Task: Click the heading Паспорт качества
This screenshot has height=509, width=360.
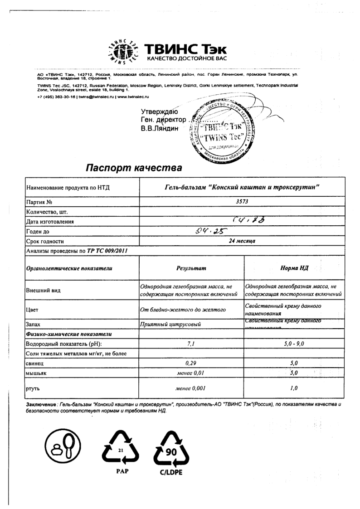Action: tap(134, 168)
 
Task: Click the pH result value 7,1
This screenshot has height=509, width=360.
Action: tap(191, 344)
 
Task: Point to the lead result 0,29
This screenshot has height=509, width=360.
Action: tap(191, 363)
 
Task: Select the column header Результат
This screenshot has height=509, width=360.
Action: tap(191, 268)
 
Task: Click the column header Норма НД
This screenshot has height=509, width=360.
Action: tap(295, 268)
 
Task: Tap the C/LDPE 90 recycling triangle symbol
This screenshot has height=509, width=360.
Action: tap(170, 451)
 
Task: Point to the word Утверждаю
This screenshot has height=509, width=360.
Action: tap(160, 111)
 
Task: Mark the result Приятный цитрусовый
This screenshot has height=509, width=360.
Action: tap(170, 324)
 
